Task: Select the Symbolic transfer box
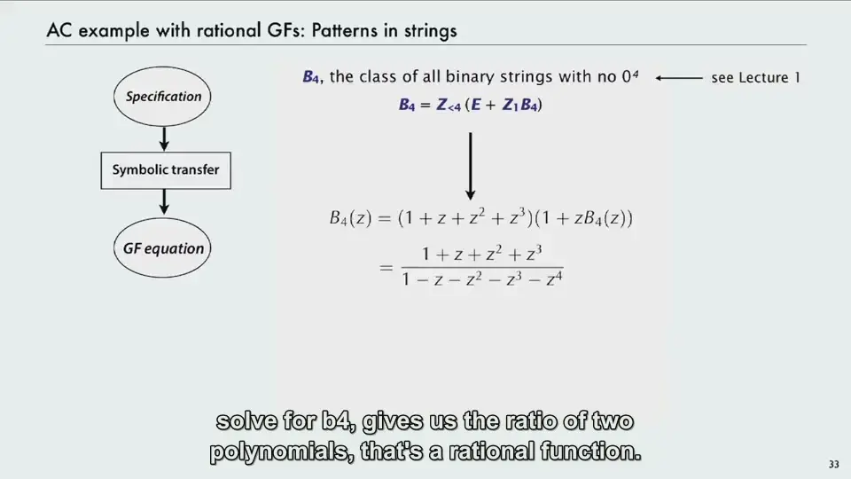(166, 170)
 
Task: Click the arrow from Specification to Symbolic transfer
(164, 139)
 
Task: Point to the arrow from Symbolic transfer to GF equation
(164, 202)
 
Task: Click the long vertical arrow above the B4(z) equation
(471, 166)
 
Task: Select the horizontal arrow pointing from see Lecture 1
(679, 78)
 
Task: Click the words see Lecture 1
(755, 78)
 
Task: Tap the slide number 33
(833, 464)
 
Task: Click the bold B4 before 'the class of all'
(311, 77)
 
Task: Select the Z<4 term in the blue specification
(449, 105)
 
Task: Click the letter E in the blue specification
(476, 105)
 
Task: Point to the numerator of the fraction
(482, 254)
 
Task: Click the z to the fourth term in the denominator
(554, 279)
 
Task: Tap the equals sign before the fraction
(386, 267)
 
